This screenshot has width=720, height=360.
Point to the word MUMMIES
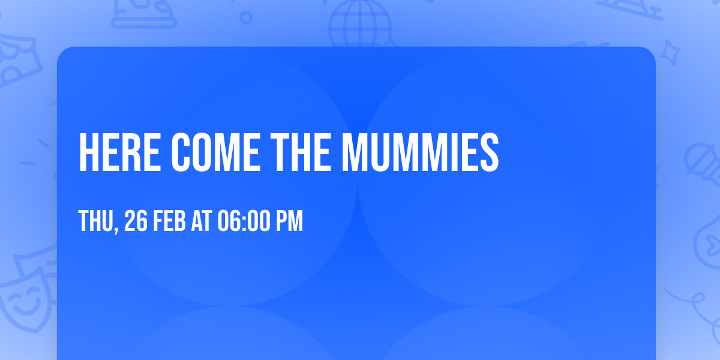(x=420, y=152)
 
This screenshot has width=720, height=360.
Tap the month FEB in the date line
(x=172, y=221)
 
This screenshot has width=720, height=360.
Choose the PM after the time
(x=289, y=221)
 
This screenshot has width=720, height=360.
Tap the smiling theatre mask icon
(x=24, y=297)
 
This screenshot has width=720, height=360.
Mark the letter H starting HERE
(x=88, y=152)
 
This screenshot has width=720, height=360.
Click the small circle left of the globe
(x=246, y=17)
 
